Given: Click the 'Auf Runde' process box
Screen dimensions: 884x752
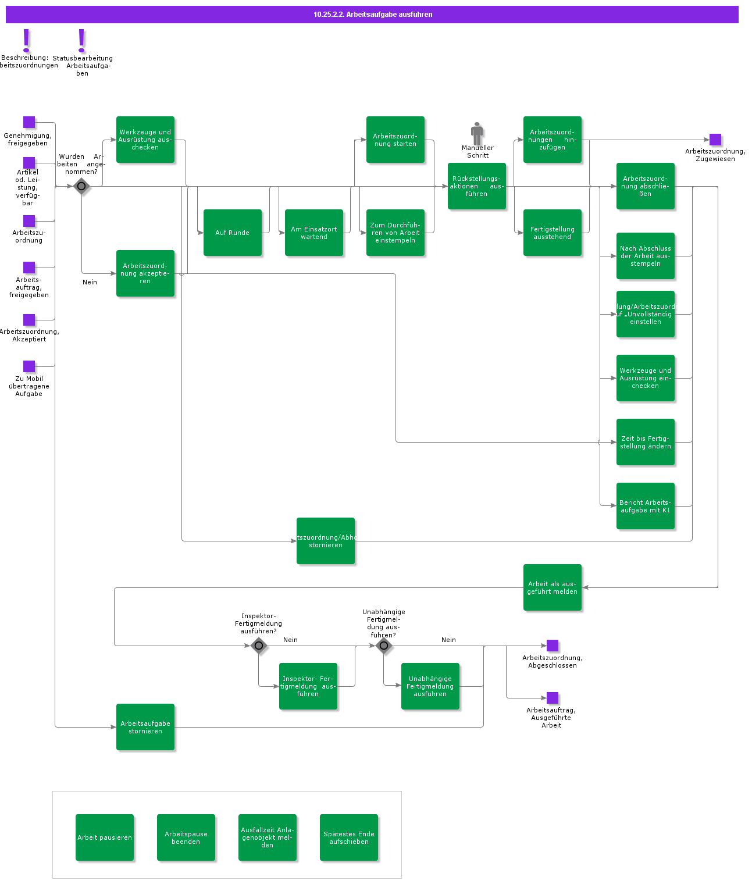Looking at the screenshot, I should (233, 233).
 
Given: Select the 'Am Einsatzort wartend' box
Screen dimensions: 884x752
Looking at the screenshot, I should (314, 233).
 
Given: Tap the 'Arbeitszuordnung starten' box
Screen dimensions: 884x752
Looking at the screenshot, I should (395, 140).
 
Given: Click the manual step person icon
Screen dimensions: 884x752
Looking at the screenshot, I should (477, 133).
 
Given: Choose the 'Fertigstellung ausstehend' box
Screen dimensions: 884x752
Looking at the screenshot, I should (553, 233).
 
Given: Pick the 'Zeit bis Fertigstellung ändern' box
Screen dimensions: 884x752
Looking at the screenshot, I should (646, 442).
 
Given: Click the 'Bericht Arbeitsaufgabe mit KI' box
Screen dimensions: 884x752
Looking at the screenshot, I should (646, 506).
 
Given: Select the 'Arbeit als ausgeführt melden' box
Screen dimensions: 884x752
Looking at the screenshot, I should (553, 587).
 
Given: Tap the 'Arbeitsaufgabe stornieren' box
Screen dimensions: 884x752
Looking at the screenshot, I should (145, 727).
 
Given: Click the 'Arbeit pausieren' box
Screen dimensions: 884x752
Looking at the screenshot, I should (105, 837).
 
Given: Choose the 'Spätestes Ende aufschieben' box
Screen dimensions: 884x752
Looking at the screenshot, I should (349, 837).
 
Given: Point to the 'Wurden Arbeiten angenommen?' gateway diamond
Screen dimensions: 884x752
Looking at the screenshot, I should (81, 187).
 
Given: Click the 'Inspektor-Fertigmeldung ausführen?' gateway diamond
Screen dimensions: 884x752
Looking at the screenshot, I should (259, 646).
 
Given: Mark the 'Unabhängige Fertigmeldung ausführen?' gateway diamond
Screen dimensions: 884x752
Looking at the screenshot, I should (384, 646).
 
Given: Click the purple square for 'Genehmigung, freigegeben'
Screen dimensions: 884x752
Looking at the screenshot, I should (29, 122).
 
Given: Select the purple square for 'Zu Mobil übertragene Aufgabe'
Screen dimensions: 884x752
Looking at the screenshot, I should (29, 366).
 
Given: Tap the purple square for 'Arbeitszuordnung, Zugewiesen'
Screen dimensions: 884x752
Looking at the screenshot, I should (715, 140).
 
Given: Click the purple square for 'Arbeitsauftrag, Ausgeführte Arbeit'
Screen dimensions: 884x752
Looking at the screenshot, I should (553, 698).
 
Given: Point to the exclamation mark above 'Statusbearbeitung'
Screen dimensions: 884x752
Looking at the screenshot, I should (81, 41).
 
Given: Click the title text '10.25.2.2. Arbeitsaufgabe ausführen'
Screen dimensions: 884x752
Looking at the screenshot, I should (373, 15).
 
